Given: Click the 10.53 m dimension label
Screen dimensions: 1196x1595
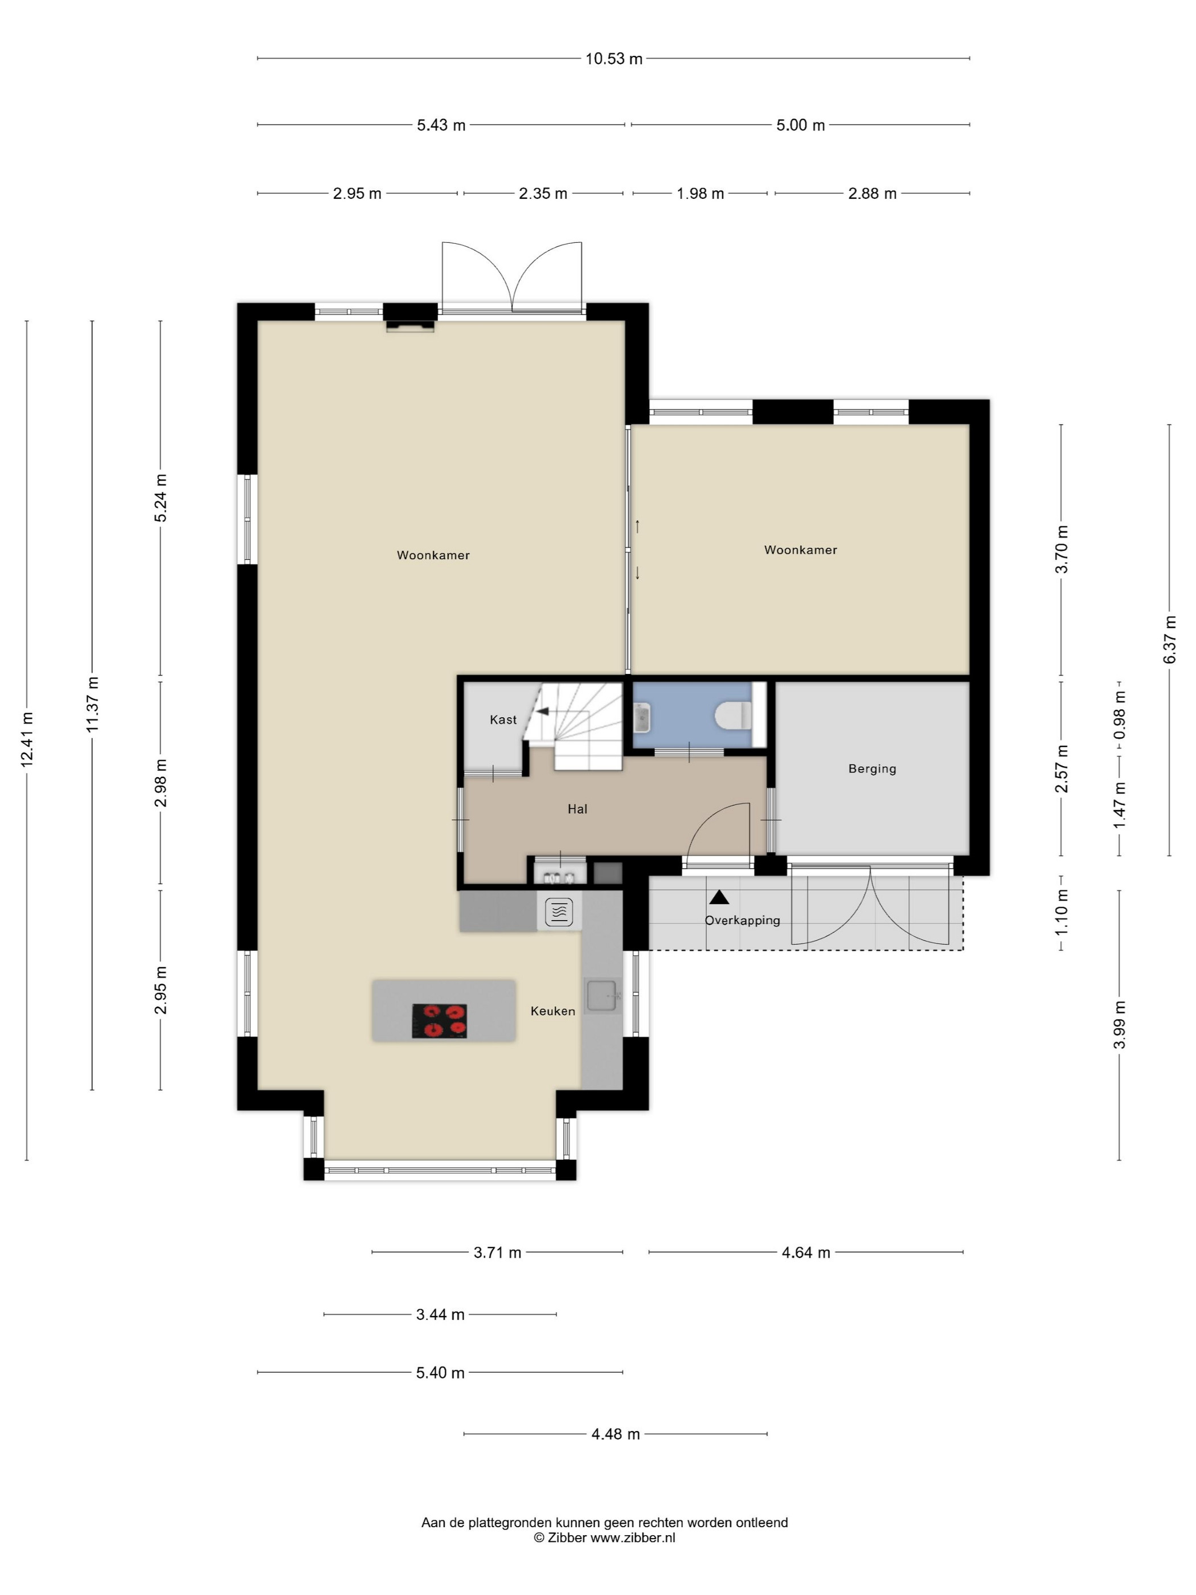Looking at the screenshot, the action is click(x=613, y=59).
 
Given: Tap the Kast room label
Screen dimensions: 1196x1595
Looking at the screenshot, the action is click(x=503, y=719).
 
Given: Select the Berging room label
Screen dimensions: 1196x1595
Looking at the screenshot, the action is click(x=873, y=768).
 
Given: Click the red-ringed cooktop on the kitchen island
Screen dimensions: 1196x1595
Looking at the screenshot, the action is click(x=439, y=1020).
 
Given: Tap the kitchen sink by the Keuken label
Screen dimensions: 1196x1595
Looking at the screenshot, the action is click(x=602, y=996).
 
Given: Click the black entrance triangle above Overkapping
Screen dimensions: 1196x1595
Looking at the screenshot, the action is click(x=719, y=897).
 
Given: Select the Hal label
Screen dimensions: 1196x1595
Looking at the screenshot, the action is click(x=577, y=809).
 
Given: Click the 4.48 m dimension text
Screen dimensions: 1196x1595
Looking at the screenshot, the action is click(x=616, y=1433).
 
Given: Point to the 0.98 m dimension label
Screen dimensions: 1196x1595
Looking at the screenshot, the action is click(x=1119, y=714).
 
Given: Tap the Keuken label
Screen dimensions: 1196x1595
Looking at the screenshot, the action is click(x=553, y=1011).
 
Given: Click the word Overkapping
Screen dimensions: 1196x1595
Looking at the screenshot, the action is click(x=743, y=920).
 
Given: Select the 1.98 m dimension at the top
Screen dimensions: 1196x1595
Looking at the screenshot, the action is click(x=700, y=193).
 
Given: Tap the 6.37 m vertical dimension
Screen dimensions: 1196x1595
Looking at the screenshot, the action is click(x=1169, y=640).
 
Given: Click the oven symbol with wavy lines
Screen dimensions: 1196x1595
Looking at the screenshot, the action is click(x=559, y=911).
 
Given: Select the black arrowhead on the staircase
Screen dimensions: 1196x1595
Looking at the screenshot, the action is click(x=542, y=711).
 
